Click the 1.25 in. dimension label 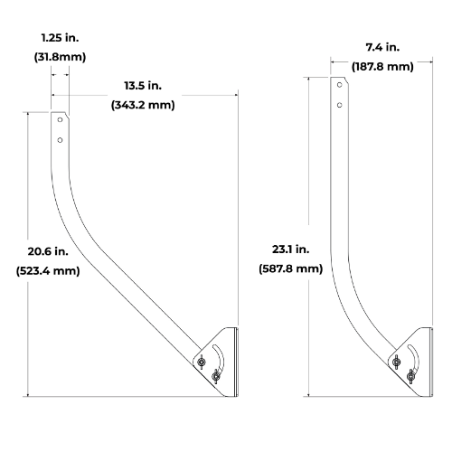[x=60, y=39]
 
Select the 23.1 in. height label [x=290, y=248]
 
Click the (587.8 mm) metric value [x=290, y=268]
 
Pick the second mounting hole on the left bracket [x=59, y=140]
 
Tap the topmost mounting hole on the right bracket [x=339, y=85]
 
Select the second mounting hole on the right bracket [x=339, y=105]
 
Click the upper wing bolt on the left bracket [x=201, y=363]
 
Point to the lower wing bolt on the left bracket [x=215, y=378]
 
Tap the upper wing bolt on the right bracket [x=395, y=363]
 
